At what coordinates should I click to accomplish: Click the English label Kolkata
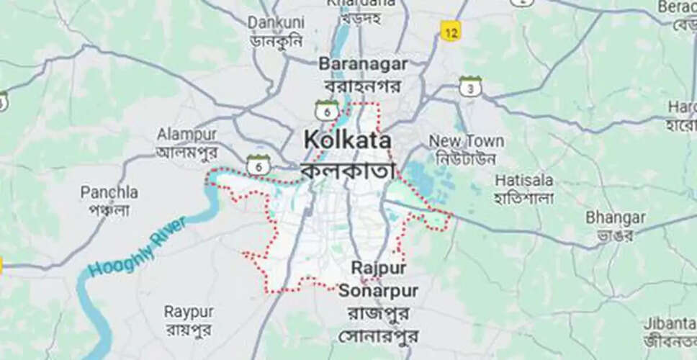[348, 140]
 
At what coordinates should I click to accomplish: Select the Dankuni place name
[276, 23]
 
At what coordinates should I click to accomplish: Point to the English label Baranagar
[363, 64]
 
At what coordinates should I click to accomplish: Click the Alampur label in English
[186, 135]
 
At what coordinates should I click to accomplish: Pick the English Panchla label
[109, 192]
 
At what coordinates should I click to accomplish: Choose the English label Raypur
[189, 312]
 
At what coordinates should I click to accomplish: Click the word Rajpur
[379, 268]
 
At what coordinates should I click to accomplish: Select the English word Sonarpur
[378, 291]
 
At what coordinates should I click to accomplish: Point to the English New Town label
[466, 140]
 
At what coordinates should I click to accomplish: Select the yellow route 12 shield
[451, 32]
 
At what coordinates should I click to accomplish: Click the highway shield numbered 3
[470, 87]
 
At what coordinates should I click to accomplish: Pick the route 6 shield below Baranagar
[327, 110]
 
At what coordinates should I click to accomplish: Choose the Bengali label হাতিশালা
[524, 197]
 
